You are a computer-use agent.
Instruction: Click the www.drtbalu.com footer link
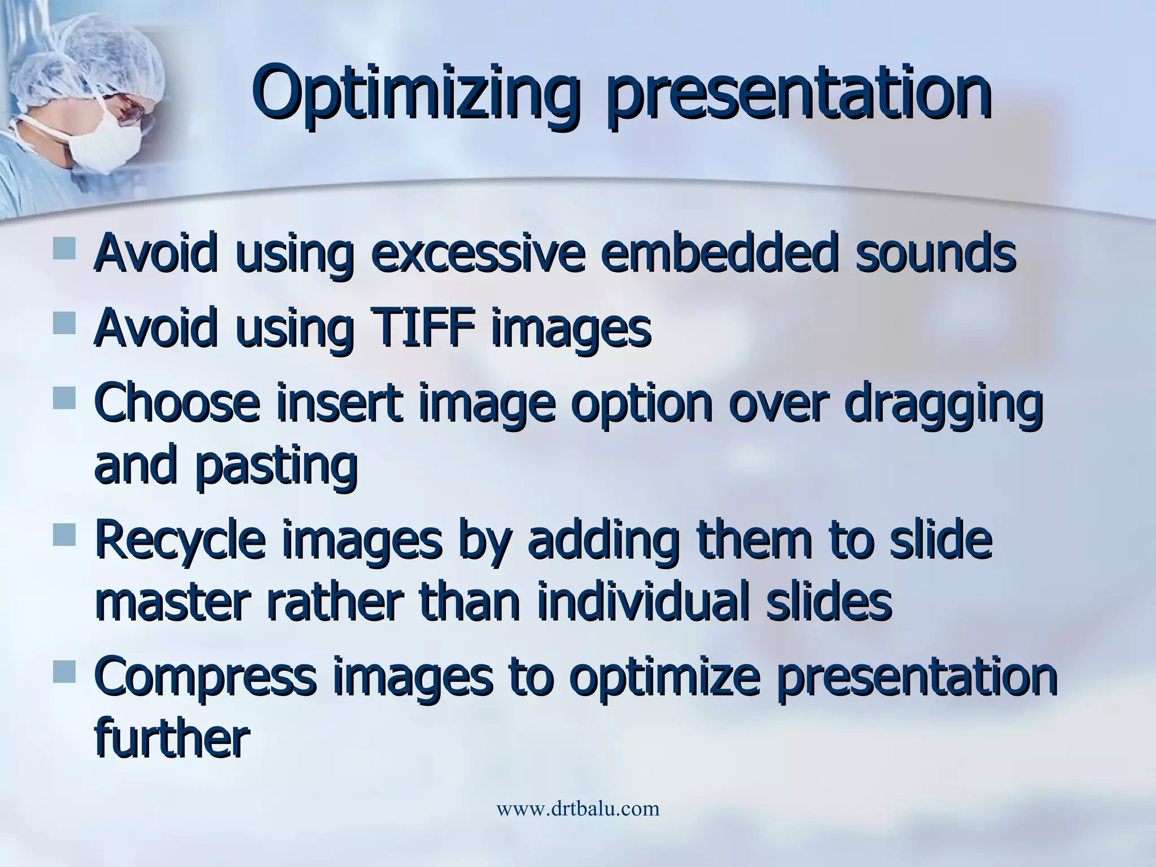pyautogui.click(x=577, y=809)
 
